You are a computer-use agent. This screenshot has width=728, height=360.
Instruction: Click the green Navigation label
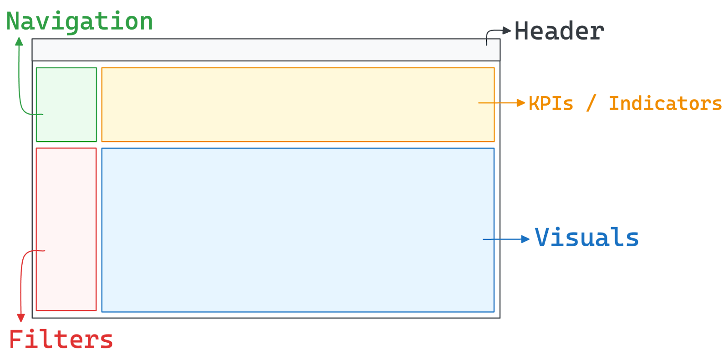(x=80, y=22)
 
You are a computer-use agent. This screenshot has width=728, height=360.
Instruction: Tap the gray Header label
(x=559, y=31)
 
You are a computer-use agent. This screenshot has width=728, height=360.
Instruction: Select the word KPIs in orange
(x=551, y=103)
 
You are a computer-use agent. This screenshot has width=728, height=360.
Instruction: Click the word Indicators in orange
(x=665, y=103)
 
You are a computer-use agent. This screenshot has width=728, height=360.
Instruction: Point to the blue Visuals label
(x=586, y=238)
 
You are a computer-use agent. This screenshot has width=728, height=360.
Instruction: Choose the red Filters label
(x=61, y=340)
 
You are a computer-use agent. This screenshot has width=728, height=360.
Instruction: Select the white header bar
(x=266, y=50)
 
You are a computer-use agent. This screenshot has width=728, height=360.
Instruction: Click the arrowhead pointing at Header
(x=507, y=30)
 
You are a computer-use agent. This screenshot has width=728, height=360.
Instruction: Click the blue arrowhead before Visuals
(x=526, y=239)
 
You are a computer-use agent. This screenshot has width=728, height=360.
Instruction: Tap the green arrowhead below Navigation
(x=19, y=42)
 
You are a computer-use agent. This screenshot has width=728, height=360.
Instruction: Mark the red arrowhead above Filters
(x=20, y=318)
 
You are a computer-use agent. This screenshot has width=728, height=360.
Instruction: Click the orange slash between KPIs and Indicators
(x=591, y=103)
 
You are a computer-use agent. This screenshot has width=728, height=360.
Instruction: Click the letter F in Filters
(x=15, y=339)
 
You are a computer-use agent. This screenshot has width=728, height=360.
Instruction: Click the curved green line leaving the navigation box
(x=20, y=91)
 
